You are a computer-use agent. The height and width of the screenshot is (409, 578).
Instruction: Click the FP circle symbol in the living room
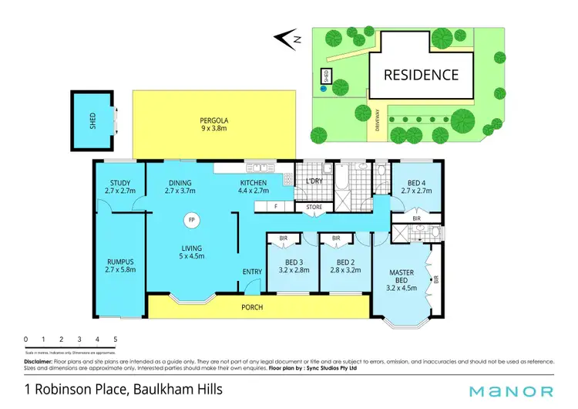(x=190, y=220)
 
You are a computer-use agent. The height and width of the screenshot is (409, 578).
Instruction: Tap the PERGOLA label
(x=214, y=120)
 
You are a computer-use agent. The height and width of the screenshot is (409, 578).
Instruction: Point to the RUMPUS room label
(x=119, y=262)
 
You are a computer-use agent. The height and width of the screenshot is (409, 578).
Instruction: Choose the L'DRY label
(x=313, y=181)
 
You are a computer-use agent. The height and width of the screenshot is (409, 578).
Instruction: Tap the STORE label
(x=313, y=206)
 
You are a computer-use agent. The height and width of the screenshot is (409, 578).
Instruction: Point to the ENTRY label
(x=252, y=272)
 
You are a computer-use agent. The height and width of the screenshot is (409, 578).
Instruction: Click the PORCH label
(x=252, y=307)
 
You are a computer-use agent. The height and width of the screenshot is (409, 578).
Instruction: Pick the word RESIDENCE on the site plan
(x=422, y=75)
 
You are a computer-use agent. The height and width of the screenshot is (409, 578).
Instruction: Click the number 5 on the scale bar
(x=116, y=339)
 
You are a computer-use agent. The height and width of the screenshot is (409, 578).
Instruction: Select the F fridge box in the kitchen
(x=275, y=206)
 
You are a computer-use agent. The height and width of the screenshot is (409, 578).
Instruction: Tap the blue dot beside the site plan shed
(x=324, y=88)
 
